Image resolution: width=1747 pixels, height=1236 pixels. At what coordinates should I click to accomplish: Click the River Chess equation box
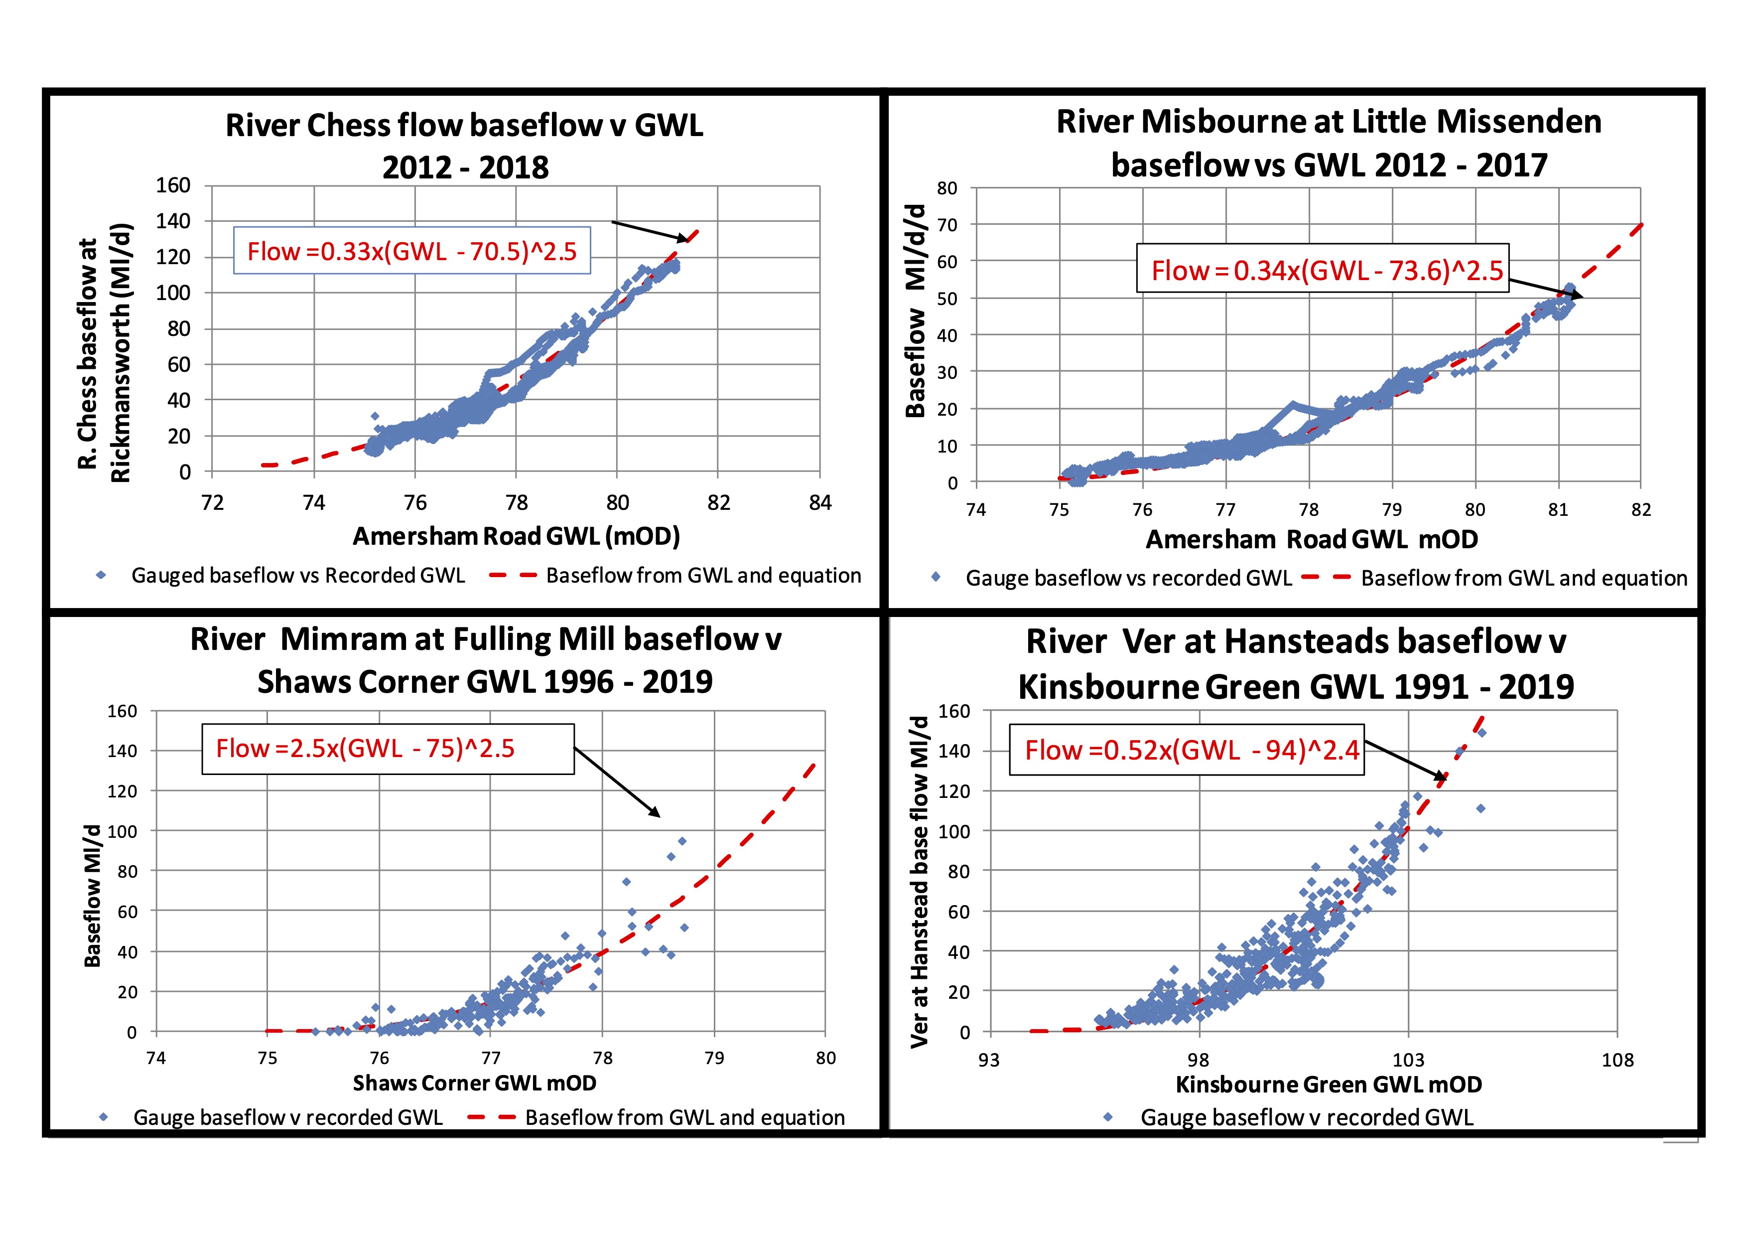(x=411, y=250)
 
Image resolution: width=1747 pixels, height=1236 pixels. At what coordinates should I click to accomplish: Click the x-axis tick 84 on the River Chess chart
(x=819, y=503)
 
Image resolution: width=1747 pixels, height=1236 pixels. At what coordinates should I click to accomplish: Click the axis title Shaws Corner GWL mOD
(x=474, y=1083)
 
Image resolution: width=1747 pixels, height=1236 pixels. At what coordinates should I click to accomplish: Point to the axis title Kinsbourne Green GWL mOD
(x=1329, y=1084)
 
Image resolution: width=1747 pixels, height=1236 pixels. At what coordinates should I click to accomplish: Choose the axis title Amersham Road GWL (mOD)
(x=516, y=537)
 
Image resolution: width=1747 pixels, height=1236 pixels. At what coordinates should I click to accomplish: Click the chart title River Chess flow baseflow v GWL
(x=464, y=126)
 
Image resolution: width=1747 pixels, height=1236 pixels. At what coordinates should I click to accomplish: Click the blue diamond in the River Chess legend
(x=101, y=575)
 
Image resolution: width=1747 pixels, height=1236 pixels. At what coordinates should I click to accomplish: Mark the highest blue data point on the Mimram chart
(x=682, y=841)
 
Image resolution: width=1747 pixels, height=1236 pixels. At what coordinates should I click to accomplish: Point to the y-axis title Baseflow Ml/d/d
(x=916, y=310)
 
